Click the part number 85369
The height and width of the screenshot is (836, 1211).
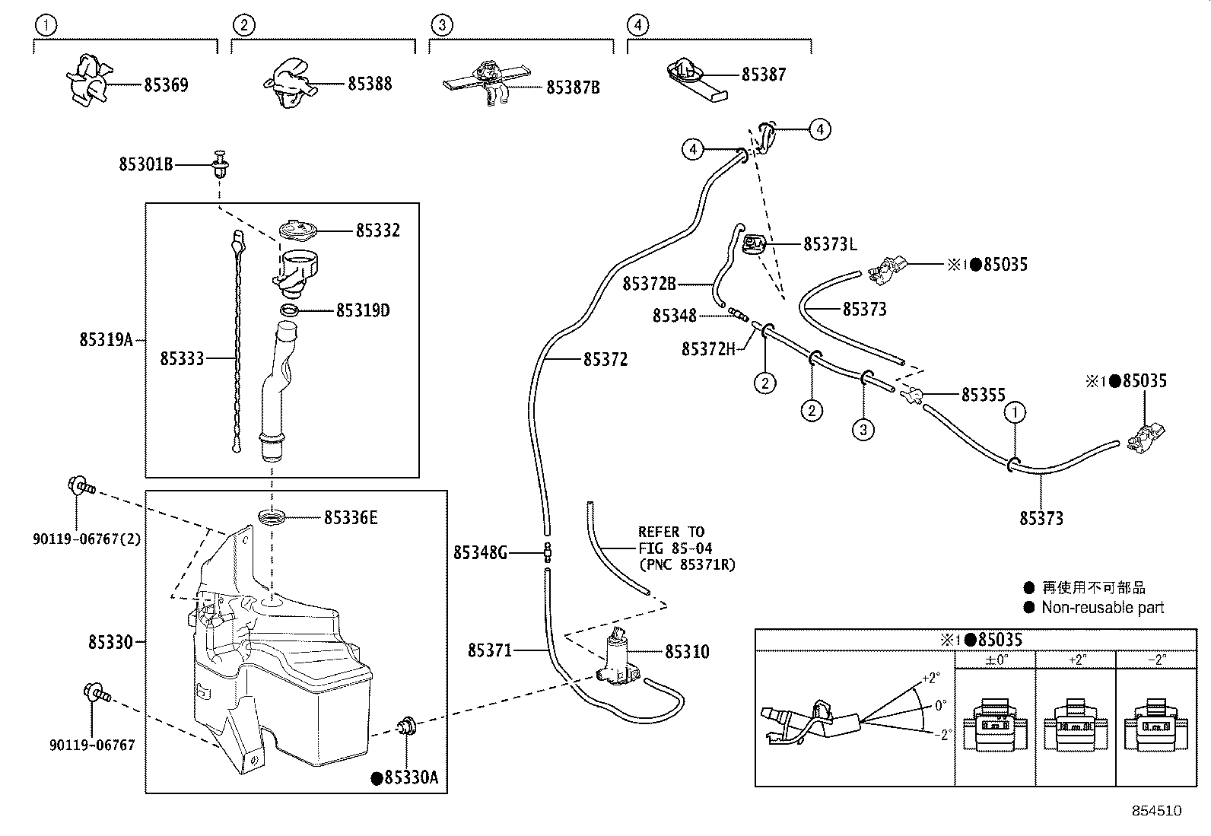(166, 84)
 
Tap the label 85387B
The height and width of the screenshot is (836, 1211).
(573, 87)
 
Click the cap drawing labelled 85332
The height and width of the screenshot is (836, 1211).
(297, 230)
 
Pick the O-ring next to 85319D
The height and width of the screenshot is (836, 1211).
(289, 310)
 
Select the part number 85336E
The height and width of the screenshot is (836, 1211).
(351, 518)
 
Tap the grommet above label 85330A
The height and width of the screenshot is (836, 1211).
(408, 726)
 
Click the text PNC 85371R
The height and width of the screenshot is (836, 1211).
(687, 564)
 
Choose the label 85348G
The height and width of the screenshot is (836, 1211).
(479, 553)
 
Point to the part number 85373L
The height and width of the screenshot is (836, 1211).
(830, 244)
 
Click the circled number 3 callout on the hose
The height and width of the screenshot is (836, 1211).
(863, 431)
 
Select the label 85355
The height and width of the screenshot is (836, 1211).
(983, 395)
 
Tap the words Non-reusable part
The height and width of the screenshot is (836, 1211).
(1102, 607)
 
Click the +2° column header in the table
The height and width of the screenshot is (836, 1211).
(1076, 660)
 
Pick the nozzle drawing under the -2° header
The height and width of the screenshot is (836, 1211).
(1155, 726)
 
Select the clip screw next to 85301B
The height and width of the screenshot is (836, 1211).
(221, 164)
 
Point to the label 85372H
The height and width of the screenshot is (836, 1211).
(708, 348)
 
